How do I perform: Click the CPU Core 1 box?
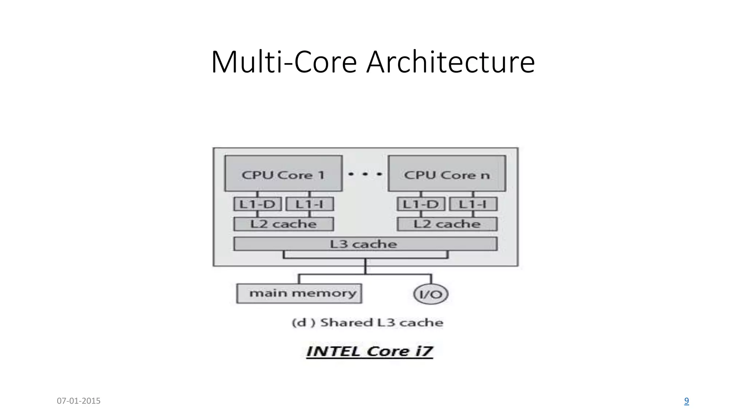(283, 174)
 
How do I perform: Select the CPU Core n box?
(447, 174)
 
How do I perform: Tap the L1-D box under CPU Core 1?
(258, 204)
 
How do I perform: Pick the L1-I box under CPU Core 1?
(310, 204)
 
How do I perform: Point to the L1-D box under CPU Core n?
(421, 204)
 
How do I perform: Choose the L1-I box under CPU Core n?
(473, 204)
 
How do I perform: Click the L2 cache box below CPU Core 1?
(283, 224)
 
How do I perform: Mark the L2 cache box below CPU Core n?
(447, 224)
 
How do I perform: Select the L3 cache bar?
(365, 244)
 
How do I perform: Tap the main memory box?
(299, 293)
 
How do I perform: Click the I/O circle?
(431, 294)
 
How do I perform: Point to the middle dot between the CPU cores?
(365, 174)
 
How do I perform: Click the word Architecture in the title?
(451, 62)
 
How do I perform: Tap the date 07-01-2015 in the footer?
(79, 401)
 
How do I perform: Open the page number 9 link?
(686, 401)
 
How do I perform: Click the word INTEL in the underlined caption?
(333, 351)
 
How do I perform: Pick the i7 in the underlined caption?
(424, 351)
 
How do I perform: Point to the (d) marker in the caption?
(303, 323)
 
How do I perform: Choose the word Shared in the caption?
(346, 323)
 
